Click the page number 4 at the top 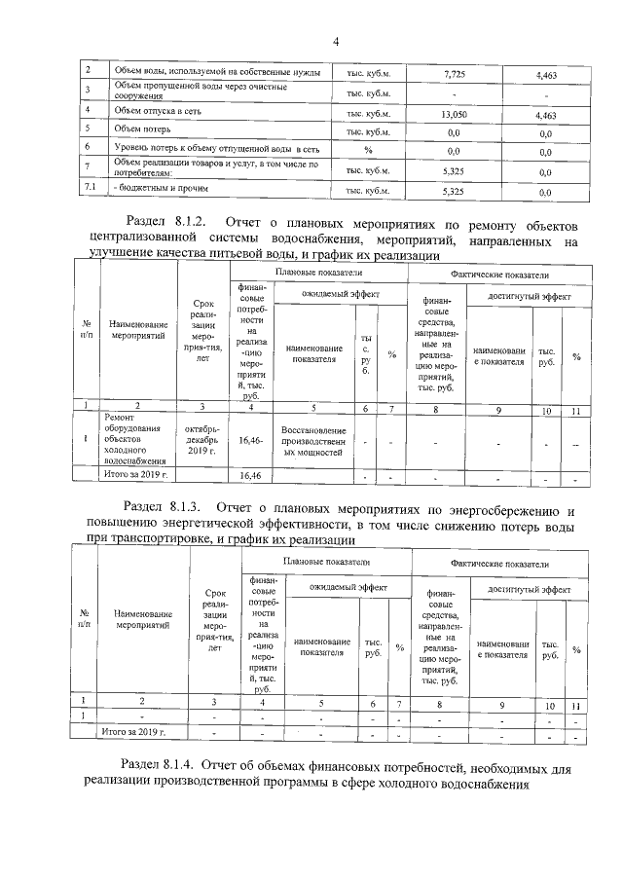[335, 41]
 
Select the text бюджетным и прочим [161, 187]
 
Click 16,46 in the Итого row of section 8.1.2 [251, 475]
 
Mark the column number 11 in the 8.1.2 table [575, 411]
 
